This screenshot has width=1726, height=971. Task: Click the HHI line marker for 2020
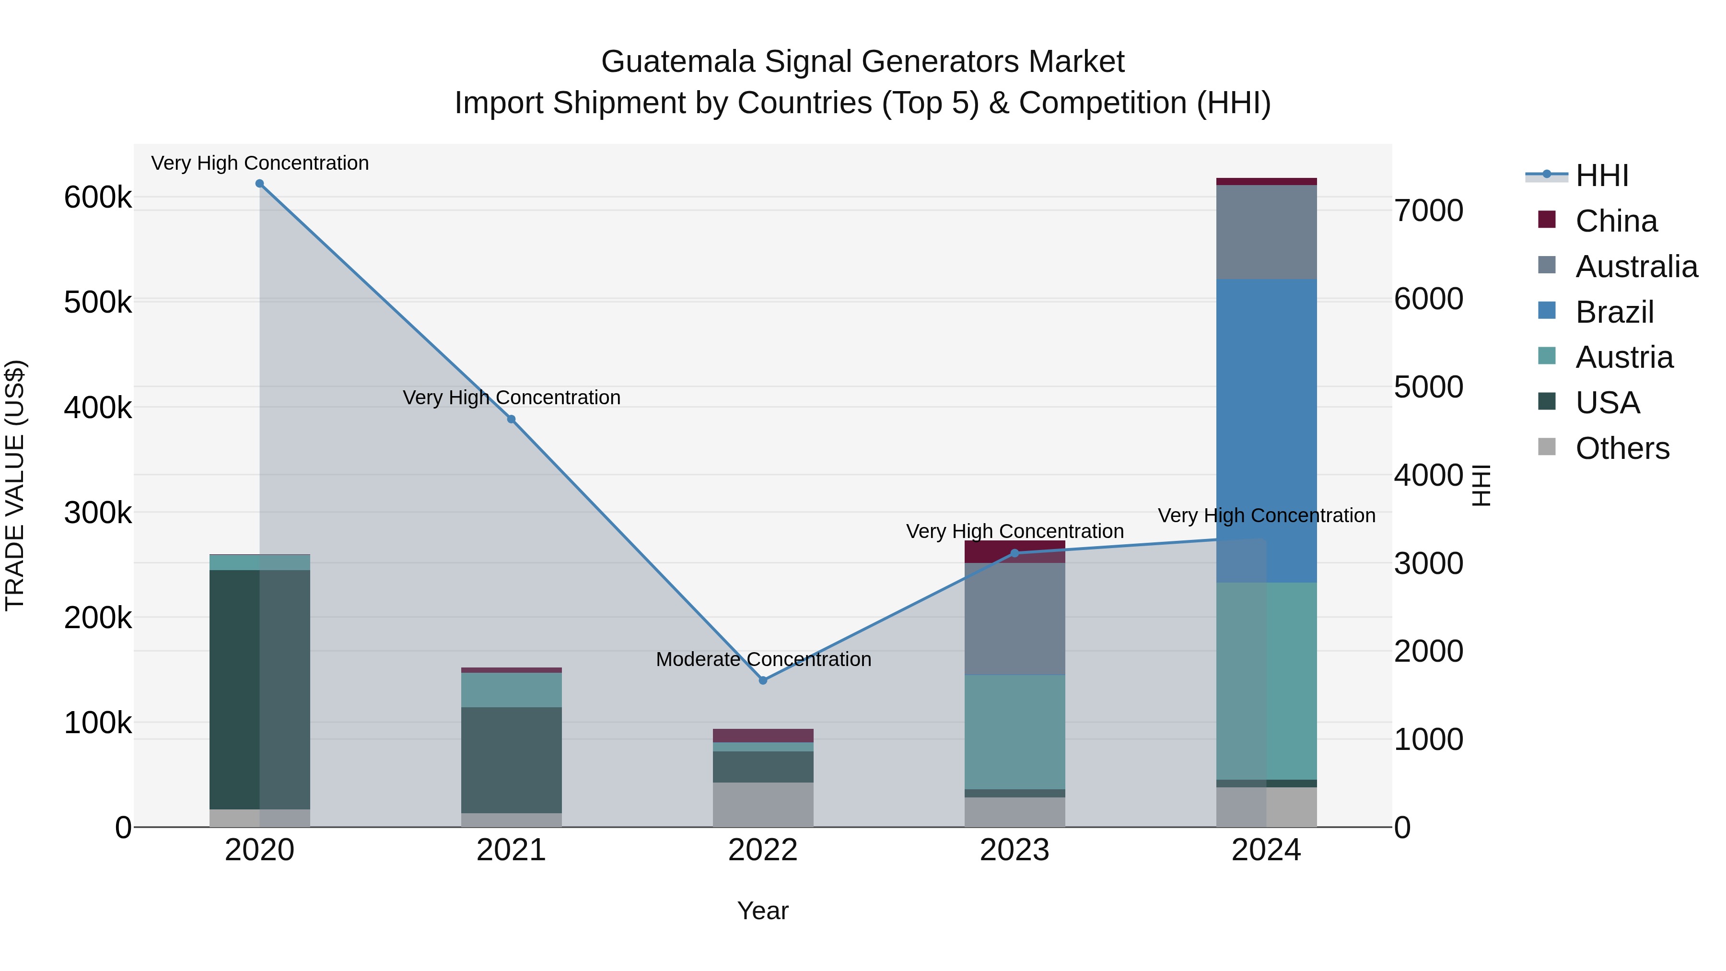pos(259,184)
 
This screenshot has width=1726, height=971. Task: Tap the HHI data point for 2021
pos(511,420)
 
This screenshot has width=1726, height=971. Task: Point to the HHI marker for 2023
pos(1015,553)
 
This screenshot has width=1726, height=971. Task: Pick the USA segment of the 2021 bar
pos(511,760)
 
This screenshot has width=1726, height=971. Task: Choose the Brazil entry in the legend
pos(1614,312)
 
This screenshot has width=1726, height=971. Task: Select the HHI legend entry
pos(1601,175)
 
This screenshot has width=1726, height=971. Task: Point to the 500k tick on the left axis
pos(98,302)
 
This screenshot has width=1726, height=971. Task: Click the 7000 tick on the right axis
pos(1429,211)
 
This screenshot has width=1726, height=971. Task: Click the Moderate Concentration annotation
pos(763,659)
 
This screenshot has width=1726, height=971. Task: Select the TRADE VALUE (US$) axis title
pos(15,485)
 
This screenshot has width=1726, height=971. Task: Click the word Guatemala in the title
pos(677,62)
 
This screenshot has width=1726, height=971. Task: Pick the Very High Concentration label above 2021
pos(511,398)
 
